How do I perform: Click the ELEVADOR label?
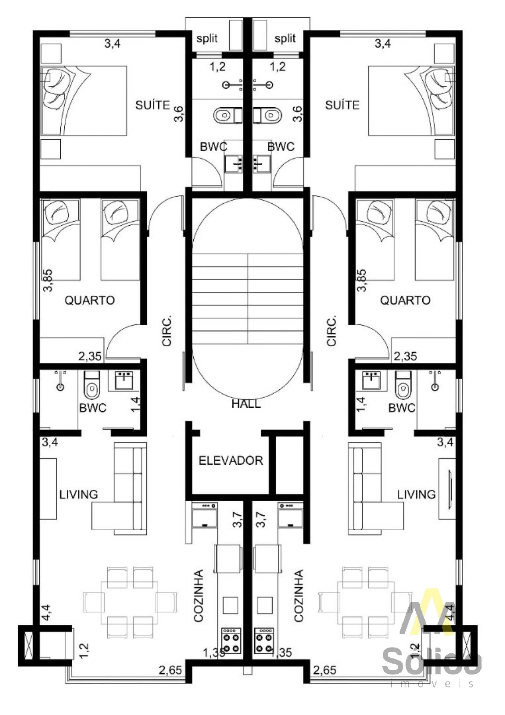coord(231,461)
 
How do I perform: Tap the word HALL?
coord(246,404)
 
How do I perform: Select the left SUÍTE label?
coord(153,105)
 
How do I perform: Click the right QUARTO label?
coord(405,300)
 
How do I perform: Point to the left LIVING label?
coord(79,495)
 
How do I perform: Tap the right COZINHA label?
coord(299,595)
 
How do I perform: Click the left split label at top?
coord(207,38)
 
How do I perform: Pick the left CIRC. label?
coord(167,331)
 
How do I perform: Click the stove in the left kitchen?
coord(231,641)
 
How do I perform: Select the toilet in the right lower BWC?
coord(403,385)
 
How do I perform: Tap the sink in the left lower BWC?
coord(124,380)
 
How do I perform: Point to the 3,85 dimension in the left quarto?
coord(48,280)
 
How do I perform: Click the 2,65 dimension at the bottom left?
coord(170,670)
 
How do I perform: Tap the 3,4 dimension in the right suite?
coord(382,44)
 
